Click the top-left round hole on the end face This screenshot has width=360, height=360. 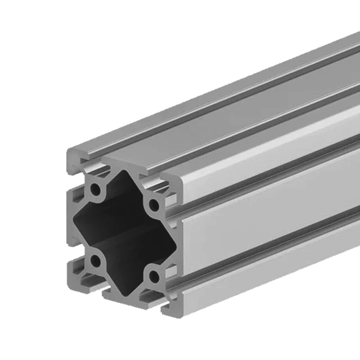pyautogui.click(x=97, y=188)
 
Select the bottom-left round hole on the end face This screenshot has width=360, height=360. pyautogui.click(x=97, y=260)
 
